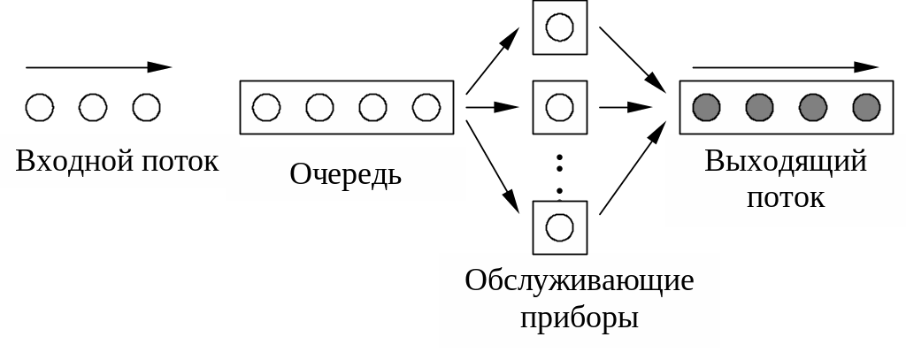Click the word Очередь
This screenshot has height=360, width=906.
[x=345, y=174]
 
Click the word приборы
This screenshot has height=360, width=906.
[x=580, y=316]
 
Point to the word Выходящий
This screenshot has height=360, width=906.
[x=786, y=161]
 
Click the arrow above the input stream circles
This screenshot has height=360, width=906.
[x=98, y=67]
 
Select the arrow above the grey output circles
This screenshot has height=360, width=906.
[x=785, y=67]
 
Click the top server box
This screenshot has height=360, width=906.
[x=559, y=27]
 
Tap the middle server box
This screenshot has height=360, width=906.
[x=559, y=107]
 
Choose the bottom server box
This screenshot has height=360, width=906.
[x=559, y=226]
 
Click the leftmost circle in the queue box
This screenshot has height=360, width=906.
[x=266, y=108]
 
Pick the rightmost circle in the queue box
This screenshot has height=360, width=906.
[x=426, y=108]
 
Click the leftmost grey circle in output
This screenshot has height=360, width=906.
[x=706, y=108]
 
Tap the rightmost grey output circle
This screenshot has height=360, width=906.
[x=866, y=108]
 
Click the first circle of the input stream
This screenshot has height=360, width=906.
[x=40, y=108]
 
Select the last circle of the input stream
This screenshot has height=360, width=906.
[x=146, y=108]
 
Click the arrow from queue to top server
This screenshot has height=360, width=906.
[x=493, y=60]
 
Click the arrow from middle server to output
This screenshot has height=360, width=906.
[x=626, y=107]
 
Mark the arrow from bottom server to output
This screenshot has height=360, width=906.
[x=633, y=167]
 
